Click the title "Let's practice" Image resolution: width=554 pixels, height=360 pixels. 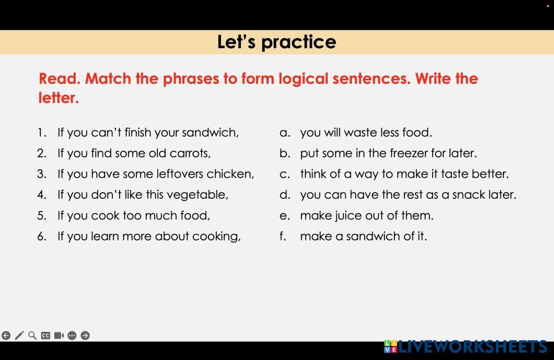[276, 42]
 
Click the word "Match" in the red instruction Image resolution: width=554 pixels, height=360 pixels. [108, 79]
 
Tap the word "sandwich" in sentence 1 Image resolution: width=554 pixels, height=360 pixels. [210, 132]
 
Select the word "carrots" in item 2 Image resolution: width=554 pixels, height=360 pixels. [190, 153]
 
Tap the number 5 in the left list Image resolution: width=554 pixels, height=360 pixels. [42, 215]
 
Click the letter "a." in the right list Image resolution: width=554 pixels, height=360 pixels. [285, 133]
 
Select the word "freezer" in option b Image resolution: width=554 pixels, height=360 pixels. [406, 153]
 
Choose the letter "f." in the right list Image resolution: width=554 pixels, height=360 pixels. [283, 236]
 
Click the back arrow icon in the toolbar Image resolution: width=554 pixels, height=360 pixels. [6, 335]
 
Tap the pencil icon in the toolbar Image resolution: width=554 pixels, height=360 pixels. [19, 335]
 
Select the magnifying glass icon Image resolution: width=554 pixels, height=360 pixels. [32, 335]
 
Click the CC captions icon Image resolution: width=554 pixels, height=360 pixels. [45, 335]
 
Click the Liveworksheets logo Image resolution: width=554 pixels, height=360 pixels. [466, 347]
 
